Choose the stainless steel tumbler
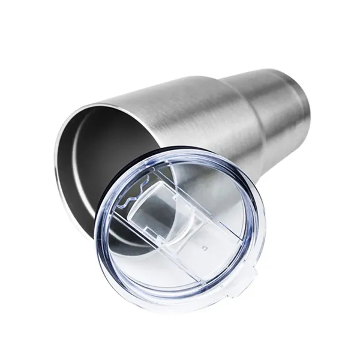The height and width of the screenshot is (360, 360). coord(198,108)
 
